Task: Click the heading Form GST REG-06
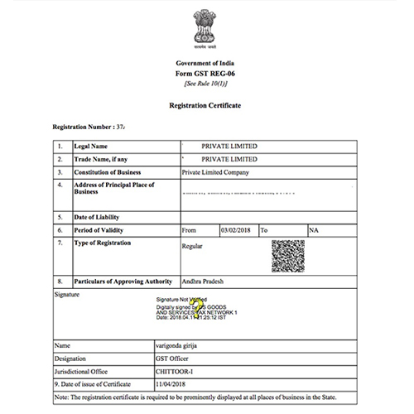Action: (x=204, y=75)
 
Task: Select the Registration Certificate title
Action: (x=205, y=107)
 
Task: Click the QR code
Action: (x=288, y=257)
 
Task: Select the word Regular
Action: (x=192, y=246)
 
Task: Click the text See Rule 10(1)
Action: (x=204, y=84)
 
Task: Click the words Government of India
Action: (x=204, y=64)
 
